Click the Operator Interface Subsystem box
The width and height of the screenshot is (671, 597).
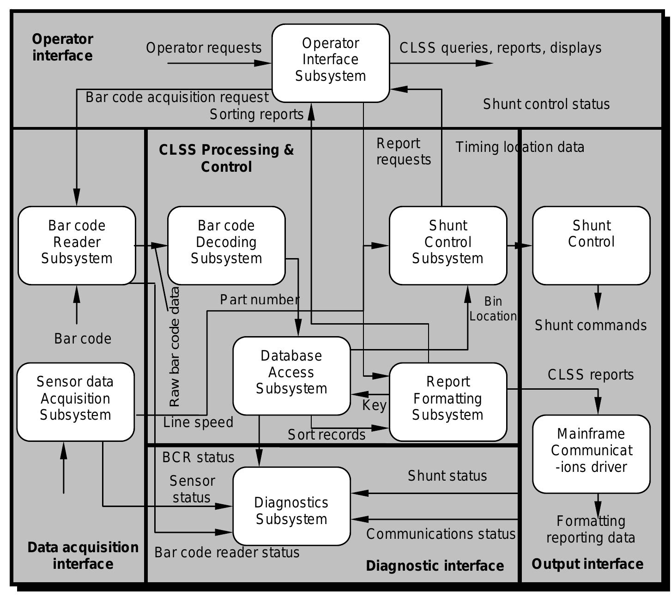coord(331,63)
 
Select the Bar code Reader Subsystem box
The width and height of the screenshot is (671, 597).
coord(77,245)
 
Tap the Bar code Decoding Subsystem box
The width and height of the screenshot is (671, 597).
coord(226,245)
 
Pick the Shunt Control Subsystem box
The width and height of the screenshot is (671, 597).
coord(448,245)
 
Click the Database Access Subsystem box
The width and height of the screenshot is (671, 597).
coord(291,375)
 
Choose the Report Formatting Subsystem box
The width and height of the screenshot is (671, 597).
coord(448,401)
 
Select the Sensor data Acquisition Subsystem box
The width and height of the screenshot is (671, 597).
coord(75,401)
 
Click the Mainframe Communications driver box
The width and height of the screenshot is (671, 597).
coord(591,453)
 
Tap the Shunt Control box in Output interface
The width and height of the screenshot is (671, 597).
coord(591,245)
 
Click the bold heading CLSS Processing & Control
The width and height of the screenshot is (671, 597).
coord(226,158)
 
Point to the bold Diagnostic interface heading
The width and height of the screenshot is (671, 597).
coord(435,566)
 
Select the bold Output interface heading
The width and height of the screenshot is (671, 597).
coord(587,564)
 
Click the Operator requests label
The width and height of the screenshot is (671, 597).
coord(204,48)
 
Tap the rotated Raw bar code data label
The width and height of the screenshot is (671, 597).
coord(175,347)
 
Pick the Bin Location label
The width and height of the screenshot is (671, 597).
coord(493,309)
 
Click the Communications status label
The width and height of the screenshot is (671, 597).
coord(441,534)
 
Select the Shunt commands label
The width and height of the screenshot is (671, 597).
coord(591,326)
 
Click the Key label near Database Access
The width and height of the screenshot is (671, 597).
coord(374,405)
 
